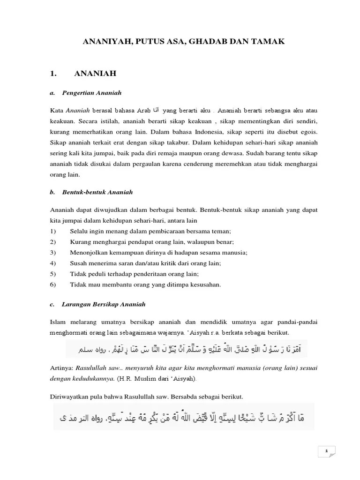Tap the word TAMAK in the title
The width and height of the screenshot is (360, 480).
268,42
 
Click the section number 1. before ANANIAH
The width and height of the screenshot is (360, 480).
53,74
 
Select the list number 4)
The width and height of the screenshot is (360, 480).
52,263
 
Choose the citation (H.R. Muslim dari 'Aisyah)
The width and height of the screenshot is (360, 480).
159,377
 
